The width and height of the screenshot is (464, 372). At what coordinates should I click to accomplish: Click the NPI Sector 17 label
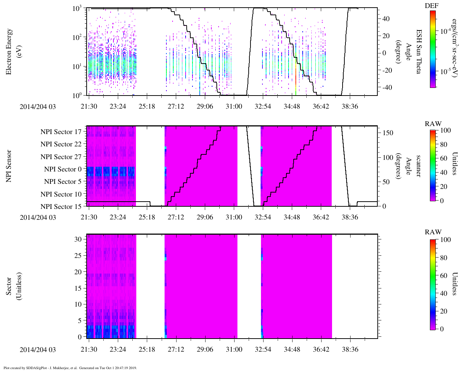[61, 132]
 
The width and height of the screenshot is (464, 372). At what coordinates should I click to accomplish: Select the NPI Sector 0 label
[63, 169]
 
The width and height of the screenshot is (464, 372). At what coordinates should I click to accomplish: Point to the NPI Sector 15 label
[61, 207]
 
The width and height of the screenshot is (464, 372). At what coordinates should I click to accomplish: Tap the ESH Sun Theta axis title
[418, 52]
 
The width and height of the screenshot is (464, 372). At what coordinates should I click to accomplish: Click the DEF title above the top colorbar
[431, 5]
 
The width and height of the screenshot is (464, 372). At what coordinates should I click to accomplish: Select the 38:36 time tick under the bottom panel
[350, 349]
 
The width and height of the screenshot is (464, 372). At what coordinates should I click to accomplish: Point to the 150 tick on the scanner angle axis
[388, 133]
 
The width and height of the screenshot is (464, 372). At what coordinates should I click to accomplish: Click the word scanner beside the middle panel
[418, 166]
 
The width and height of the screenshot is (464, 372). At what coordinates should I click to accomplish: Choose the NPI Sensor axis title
[9, 166]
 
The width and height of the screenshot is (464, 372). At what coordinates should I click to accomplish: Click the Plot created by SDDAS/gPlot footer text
[70, 368]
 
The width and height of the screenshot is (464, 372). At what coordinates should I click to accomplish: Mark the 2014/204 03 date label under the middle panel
[38, 217]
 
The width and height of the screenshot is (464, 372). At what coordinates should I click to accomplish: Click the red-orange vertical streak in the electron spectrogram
[296, 73]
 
